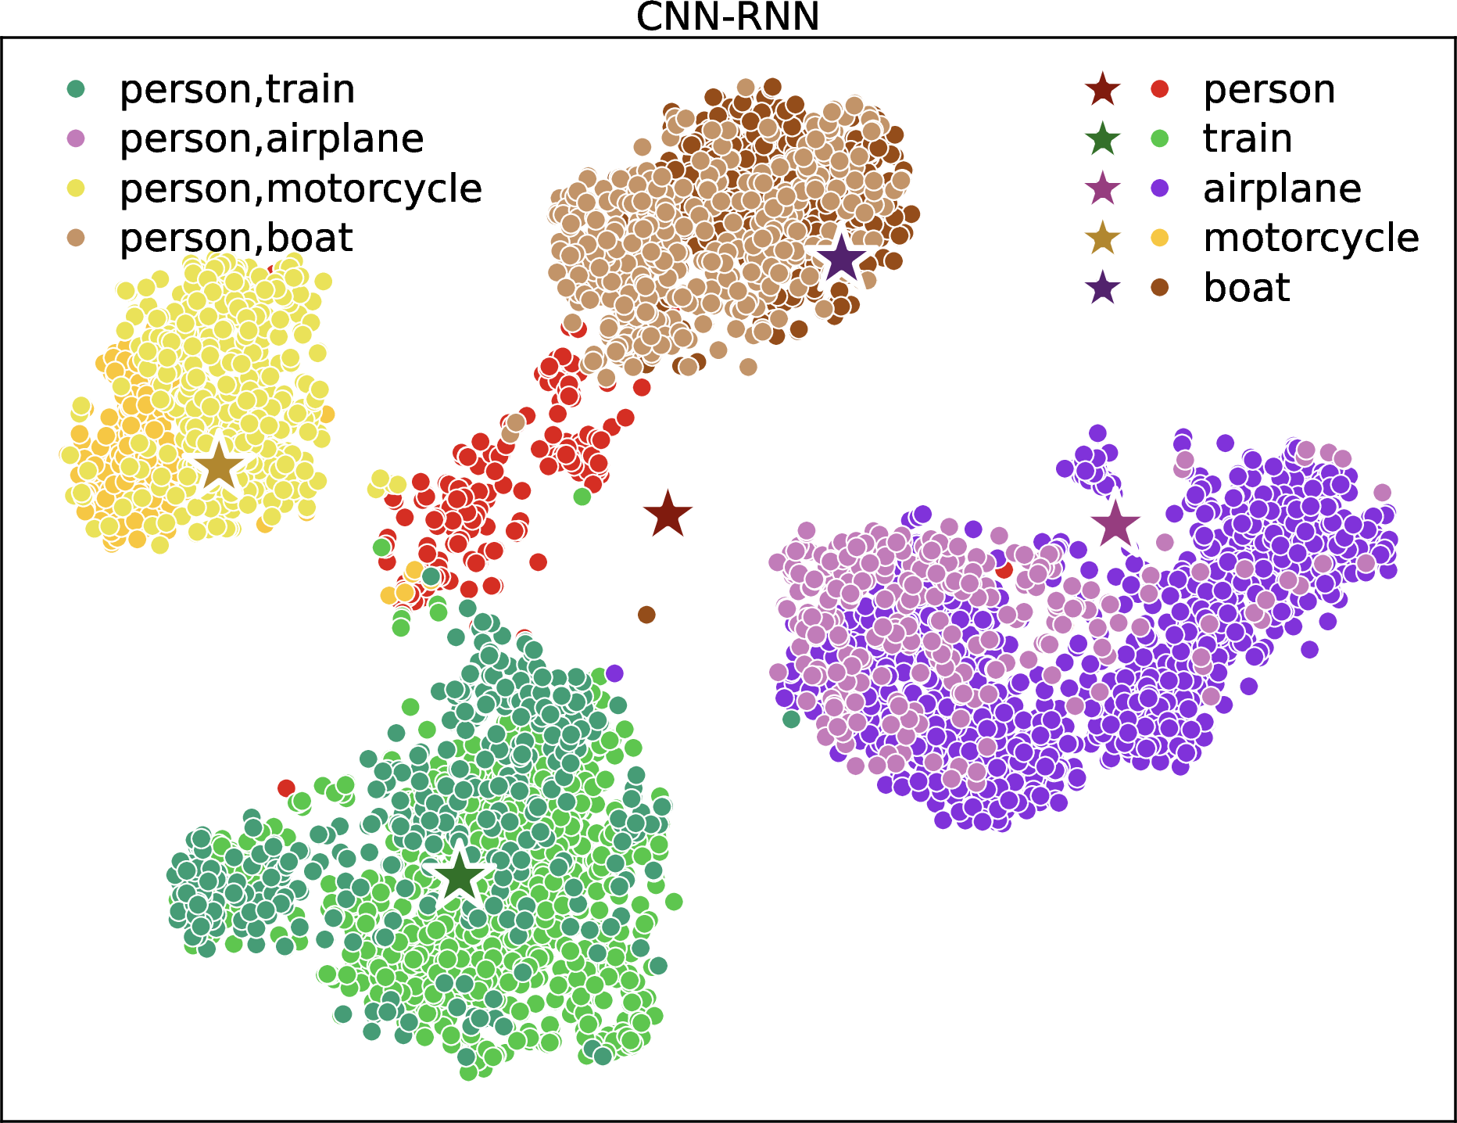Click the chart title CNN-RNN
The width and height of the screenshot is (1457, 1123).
728,17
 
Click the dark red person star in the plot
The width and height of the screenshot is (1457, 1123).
668,515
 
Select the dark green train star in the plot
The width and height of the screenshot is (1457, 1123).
459,878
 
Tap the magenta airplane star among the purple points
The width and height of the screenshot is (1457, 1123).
1115,524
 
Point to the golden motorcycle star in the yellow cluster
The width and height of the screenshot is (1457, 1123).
219,466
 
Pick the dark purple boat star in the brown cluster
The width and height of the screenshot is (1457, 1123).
842,258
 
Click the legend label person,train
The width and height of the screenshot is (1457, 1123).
237,89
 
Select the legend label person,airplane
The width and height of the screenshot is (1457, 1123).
271,139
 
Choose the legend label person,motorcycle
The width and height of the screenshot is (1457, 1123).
300,188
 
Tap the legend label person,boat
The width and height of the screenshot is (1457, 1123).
236,238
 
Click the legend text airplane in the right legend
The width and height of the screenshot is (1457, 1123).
1282,188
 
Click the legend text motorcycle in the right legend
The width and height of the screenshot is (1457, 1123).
1311,238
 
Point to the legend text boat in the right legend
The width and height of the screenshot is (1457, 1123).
1247,287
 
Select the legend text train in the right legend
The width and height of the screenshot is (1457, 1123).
1248,138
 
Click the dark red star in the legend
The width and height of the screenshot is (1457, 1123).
1103,89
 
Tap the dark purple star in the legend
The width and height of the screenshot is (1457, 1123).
1103,288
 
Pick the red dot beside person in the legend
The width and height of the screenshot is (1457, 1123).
1160,89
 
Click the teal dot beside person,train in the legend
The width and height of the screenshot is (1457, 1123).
77,89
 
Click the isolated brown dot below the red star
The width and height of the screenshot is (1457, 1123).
646,615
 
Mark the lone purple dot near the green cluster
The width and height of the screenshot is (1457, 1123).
614,673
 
